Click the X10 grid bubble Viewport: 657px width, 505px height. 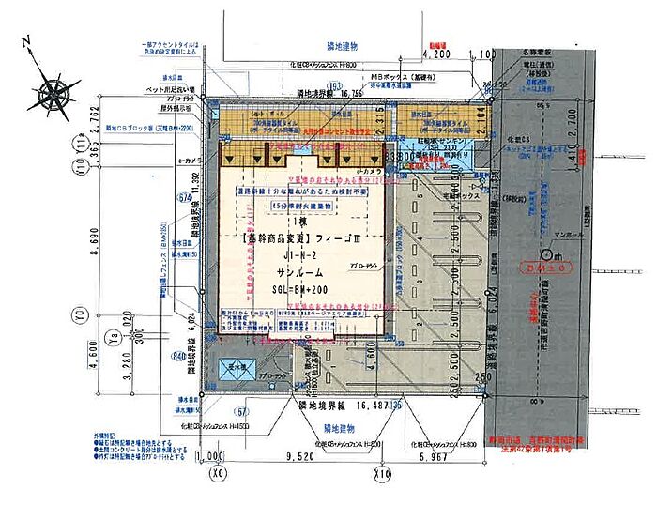(382, 475)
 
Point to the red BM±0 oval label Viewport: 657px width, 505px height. (560, 268)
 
